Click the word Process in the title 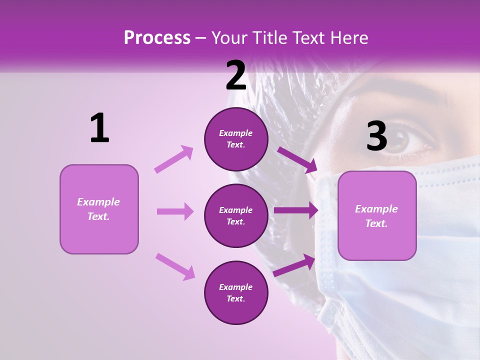click(x=157, y=38)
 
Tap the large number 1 click(x=99, y=128)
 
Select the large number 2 click(x=236, y=76)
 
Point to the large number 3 click(x=376, y=136)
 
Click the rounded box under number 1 click(x=99, y=209)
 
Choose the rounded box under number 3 click(x=377, y=216)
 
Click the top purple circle click(x=236, y=139)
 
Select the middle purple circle click(x=236, y=216)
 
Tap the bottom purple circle click(x=236, y=293)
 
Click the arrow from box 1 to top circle click(x=173, y=159)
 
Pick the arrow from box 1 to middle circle click(x=175, y=211)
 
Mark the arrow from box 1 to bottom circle click(x=174, y=266)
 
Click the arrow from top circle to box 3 click(x=297, y=160)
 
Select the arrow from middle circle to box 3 click(x=295, y=210)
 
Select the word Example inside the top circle click(x=236, y=133)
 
